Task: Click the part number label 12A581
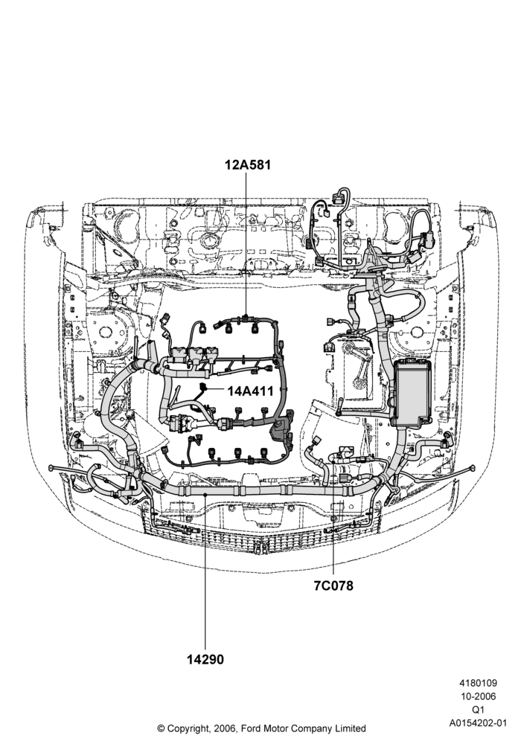[248, 164]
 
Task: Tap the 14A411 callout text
[251, 391]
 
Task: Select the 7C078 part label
[333, 586]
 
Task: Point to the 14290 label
[205, 659]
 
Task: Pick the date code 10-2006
[478, 696]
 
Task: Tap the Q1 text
[478, 711]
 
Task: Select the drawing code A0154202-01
[478, 724]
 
